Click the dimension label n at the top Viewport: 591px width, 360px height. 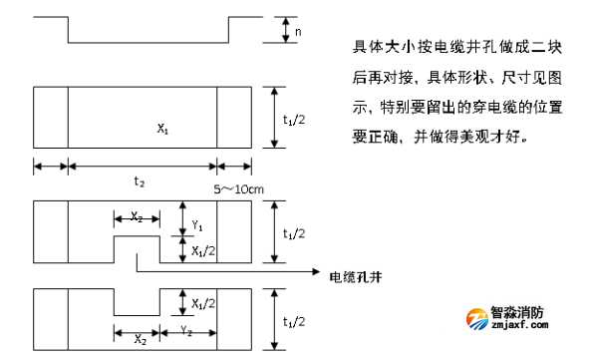[299, 33]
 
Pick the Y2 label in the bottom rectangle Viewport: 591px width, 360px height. [186, 328]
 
